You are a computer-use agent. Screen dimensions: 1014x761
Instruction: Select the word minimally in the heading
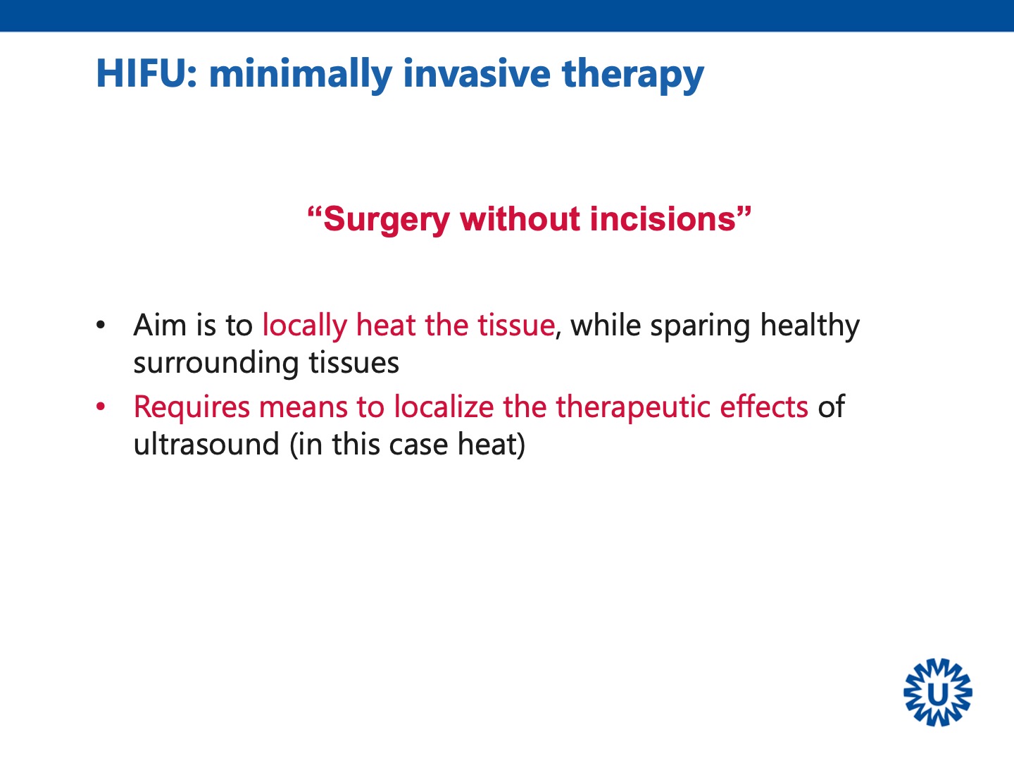coord(301,75)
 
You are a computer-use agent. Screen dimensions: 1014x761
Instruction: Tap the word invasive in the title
coord(477,73)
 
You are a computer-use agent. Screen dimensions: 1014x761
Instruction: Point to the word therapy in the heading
coord(633,75)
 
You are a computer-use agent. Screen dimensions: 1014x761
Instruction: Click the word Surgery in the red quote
coord(386,221)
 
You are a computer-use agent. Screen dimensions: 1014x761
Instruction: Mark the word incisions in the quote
coord(663,218)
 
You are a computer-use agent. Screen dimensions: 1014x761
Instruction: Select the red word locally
coord(304,327)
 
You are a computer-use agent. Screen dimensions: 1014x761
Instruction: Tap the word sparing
coord(701,327)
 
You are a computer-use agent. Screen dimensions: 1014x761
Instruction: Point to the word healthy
coord(810,327)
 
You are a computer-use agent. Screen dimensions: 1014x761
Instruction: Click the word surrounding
coord(216,364)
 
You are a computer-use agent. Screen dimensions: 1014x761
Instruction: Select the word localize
coord(444,407)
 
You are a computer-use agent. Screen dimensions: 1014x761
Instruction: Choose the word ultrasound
coord(206,444)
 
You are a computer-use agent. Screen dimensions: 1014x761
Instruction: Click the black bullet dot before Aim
coord(100,325)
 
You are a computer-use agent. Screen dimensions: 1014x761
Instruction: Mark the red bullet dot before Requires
coord(100,407)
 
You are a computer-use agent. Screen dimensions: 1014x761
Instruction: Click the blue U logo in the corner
coord(937,692)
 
